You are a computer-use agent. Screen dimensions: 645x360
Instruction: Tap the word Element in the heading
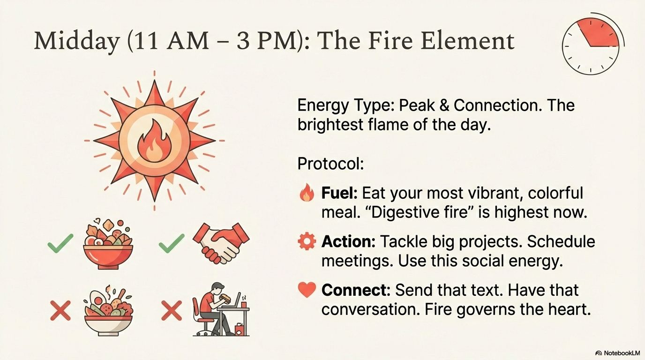click(467, 40)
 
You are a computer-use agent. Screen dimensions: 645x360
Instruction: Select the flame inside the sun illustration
click(154, 141)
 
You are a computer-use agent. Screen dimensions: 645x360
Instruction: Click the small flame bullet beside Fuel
click(307, 192)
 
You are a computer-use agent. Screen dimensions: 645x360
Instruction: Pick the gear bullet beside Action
click(307, 241)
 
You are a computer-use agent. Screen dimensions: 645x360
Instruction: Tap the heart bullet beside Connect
click(307, 289)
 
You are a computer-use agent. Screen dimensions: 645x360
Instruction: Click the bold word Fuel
click(339, 193)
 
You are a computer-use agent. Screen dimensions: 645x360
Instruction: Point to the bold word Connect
click(356, 290)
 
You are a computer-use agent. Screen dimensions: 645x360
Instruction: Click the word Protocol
click(330, 164)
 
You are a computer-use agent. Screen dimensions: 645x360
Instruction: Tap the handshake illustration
click(221, 243)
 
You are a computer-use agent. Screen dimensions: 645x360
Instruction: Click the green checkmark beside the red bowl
click(60, 243)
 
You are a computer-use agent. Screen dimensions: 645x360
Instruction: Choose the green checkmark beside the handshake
click(172, 243)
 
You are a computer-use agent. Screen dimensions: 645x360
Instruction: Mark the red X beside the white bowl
click(60, 310)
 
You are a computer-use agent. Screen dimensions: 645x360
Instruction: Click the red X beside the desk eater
click(172, 310)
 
